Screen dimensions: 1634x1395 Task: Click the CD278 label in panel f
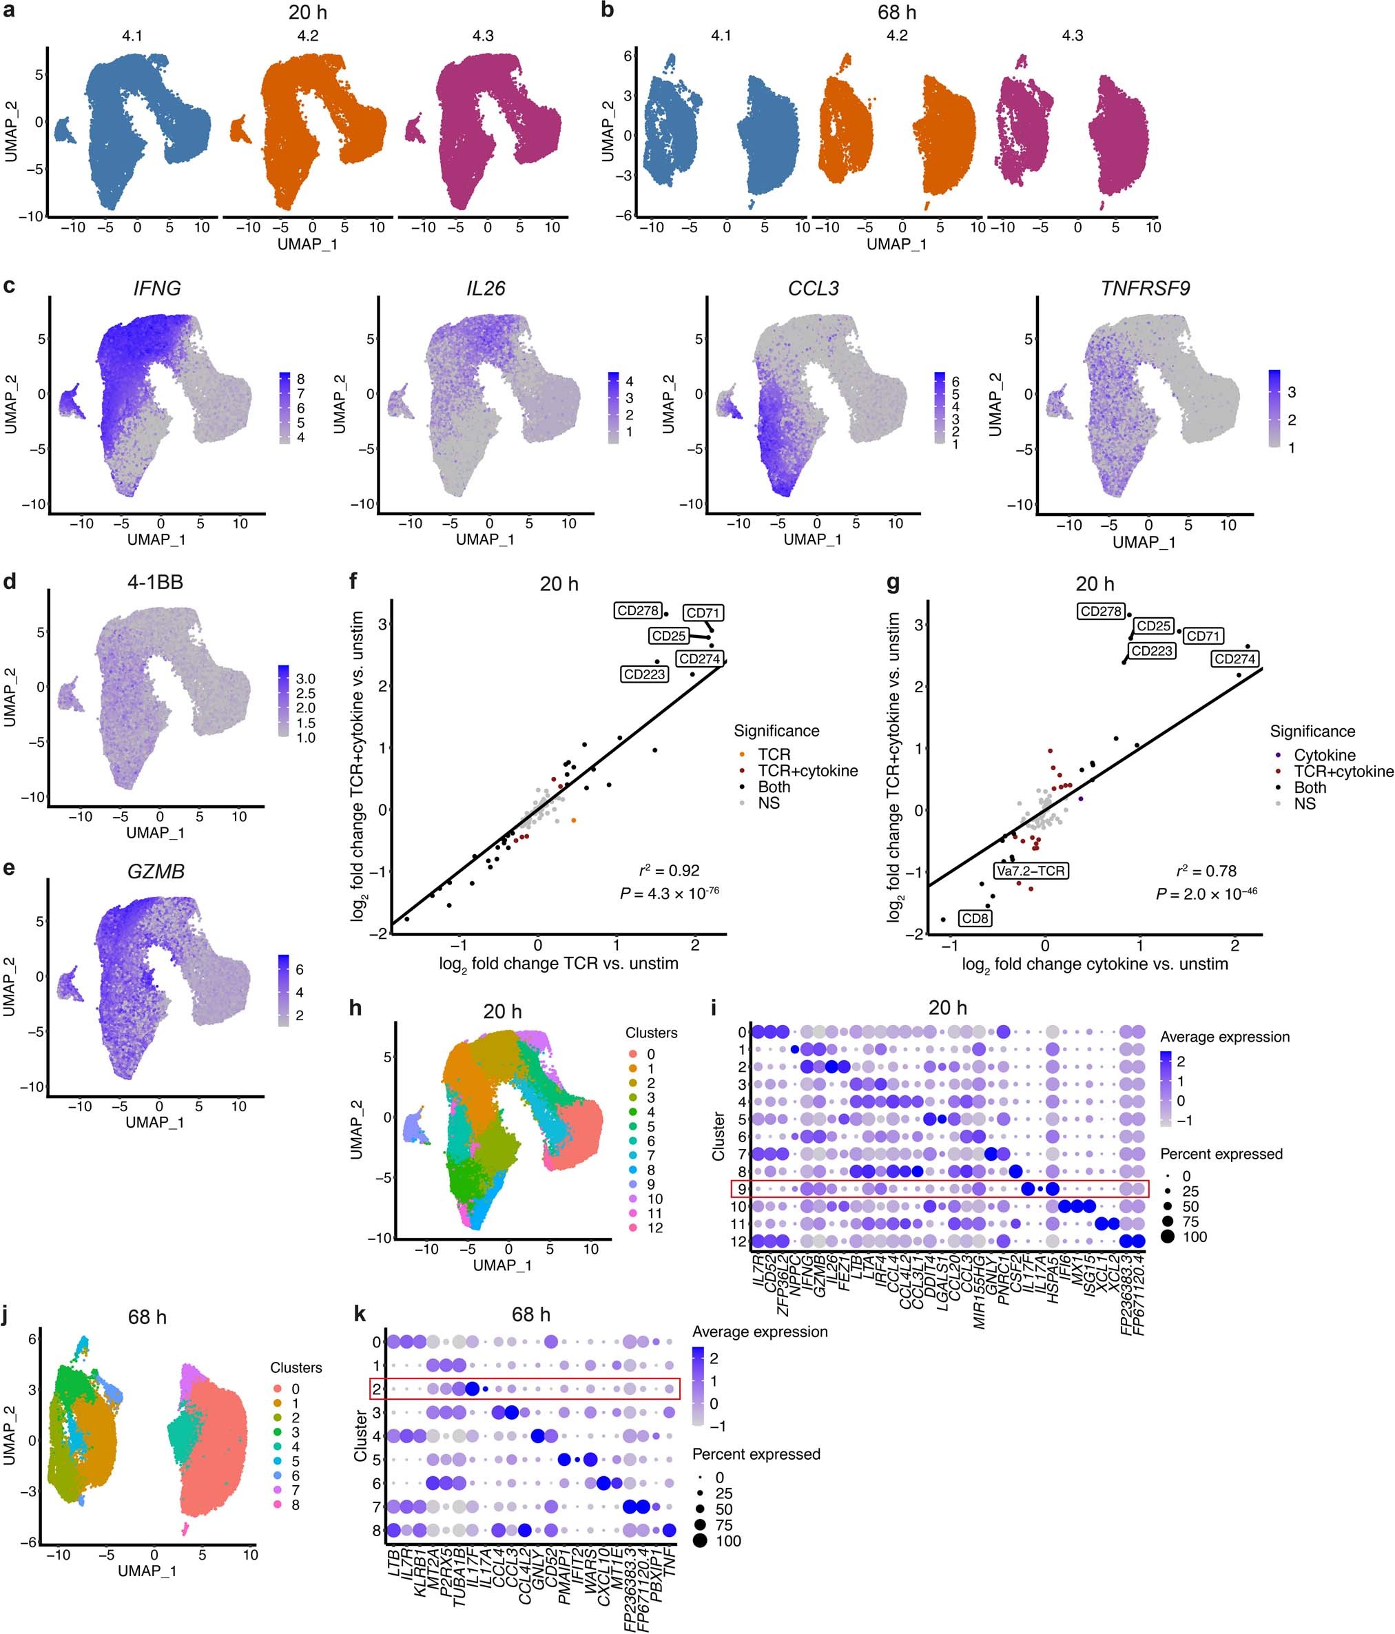638,610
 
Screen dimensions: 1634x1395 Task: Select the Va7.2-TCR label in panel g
1030,871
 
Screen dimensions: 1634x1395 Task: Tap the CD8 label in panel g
975,918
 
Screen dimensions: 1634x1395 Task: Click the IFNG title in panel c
157,289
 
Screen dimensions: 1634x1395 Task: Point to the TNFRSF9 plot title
1145,289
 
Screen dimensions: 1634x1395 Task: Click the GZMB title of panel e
156,871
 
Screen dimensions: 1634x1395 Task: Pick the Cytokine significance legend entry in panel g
1324,756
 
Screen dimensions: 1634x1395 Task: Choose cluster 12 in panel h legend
654,1228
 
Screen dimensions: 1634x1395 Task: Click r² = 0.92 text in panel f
669,871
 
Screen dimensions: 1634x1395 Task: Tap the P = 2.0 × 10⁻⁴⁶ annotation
1206,893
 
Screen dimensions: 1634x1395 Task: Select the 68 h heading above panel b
897,12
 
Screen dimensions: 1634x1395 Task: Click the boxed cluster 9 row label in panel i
741,1189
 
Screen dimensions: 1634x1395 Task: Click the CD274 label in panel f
699,659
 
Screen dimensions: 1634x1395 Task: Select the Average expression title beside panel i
1225,1037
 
